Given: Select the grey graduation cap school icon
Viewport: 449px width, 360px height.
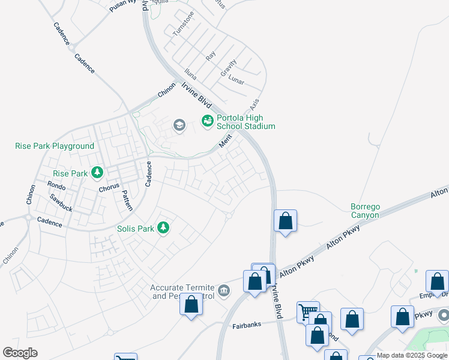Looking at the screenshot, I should tap(179, 125).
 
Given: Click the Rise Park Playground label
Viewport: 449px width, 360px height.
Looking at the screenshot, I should tap(55, 146).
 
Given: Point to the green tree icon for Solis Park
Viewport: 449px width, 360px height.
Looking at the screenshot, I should tap(163, 227).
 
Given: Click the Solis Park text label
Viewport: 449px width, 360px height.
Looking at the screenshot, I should tap(136, 228).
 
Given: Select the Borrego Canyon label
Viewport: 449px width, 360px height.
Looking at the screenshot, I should tap(365, 211).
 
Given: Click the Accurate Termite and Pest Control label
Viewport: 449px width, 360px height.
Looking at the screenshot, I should tap(182, 292).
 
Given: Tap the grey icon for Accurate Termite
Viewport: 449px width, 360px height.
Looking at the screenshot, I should tap(224, 291).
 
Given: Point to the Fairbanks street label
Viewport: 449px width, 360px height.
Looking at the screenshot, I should tap(247, 326).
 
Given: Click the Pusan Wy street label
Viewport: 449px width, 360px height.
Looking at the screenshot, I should tap(122, 7).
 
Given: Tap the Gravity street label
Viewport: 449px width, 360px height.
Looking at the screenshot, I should tap(228, 67).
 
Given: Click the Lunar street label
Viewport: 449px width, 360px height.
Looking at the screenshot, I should tap(237, 80).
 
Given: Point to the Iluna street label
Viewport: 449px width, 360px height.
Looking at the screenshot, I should tap(190, 74).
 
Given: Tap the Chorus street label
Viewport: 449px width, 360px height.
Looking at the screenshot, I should tap(109, 188).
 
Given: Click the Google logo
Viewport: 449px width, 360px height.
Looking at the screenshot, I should tap(20, 352).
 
